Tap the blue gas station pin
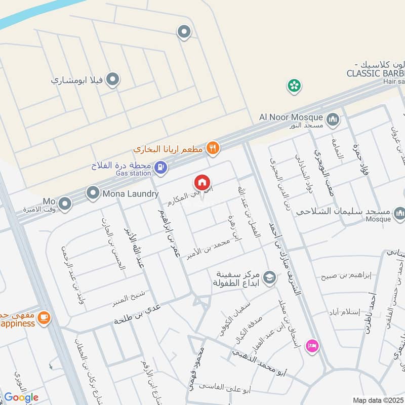(x=160, y=166)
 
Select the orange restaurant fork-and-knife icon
(x=213, y=148)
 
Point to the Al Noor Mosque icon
(x=333, y=120)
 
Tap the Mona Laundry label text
(x=131, y=193)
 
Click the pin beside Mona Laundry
(x=93, y=192)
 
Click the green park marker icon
(x=293, y=86)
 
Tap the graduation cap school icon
(x=269, y=277)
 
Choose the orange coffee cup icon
(x=44, y=317)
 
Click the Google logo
(x=21, y=397)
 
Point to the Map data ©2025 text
(x=378, y=400)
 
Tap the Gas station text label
(x=134, y=173)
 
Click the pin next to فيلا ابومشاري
(x=114, y=80)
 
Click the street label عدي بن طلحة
(x=137, y=313)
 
